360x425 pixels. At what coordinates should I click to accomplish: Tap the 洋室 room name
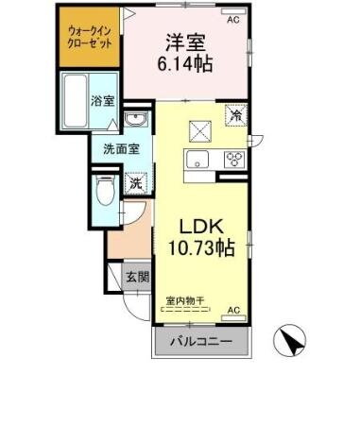click(x=186, y=43)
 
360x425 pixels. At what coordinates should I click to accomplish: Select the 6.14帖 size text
click(x=186, y=67)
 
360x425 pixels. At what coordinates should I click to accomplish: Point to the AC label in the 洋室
click(x=232, y=18)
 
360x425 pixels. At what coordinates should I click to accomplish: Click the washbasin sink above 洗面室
click(x=134, y=121)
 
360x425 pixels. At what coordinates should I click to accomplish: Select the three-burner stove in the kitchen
click(x=233, y=159)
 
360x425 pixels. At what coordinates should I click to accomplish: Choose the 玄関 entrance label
click(x=137, y=277)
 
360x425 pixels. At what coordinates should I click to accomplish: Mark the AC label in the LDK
click(x=232, y=310)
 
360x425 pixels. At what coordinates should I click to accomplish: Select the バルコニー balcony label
click(x=201, y=342)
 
